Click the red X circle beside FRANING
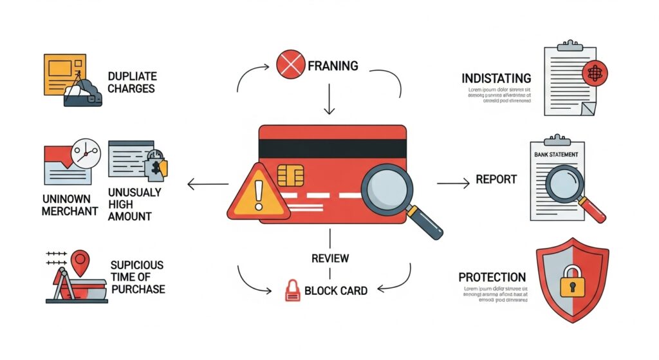tap(289, 64)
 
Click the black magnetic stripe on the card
tap(333, 147)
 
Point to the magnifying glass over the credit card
tap(388, 187)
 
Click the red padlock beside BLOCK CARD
tap(293, 290)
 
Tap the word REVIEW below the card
tap(330, 258)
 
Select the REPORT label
tap(496, 180)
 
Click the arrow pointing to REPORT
tap(453, 184)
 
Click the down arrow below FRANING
tap(330, 101)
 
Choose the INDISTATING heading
tap(496, 79)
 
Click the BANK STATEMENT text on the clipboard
tap(556, 155)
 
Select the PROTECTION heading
tap(492, 277)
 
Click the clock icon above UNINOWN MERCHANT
tap(86, 153)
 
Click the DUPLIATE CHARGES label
tap(131, 82)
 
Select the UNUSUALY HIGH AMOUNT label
tap(135, 205)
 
